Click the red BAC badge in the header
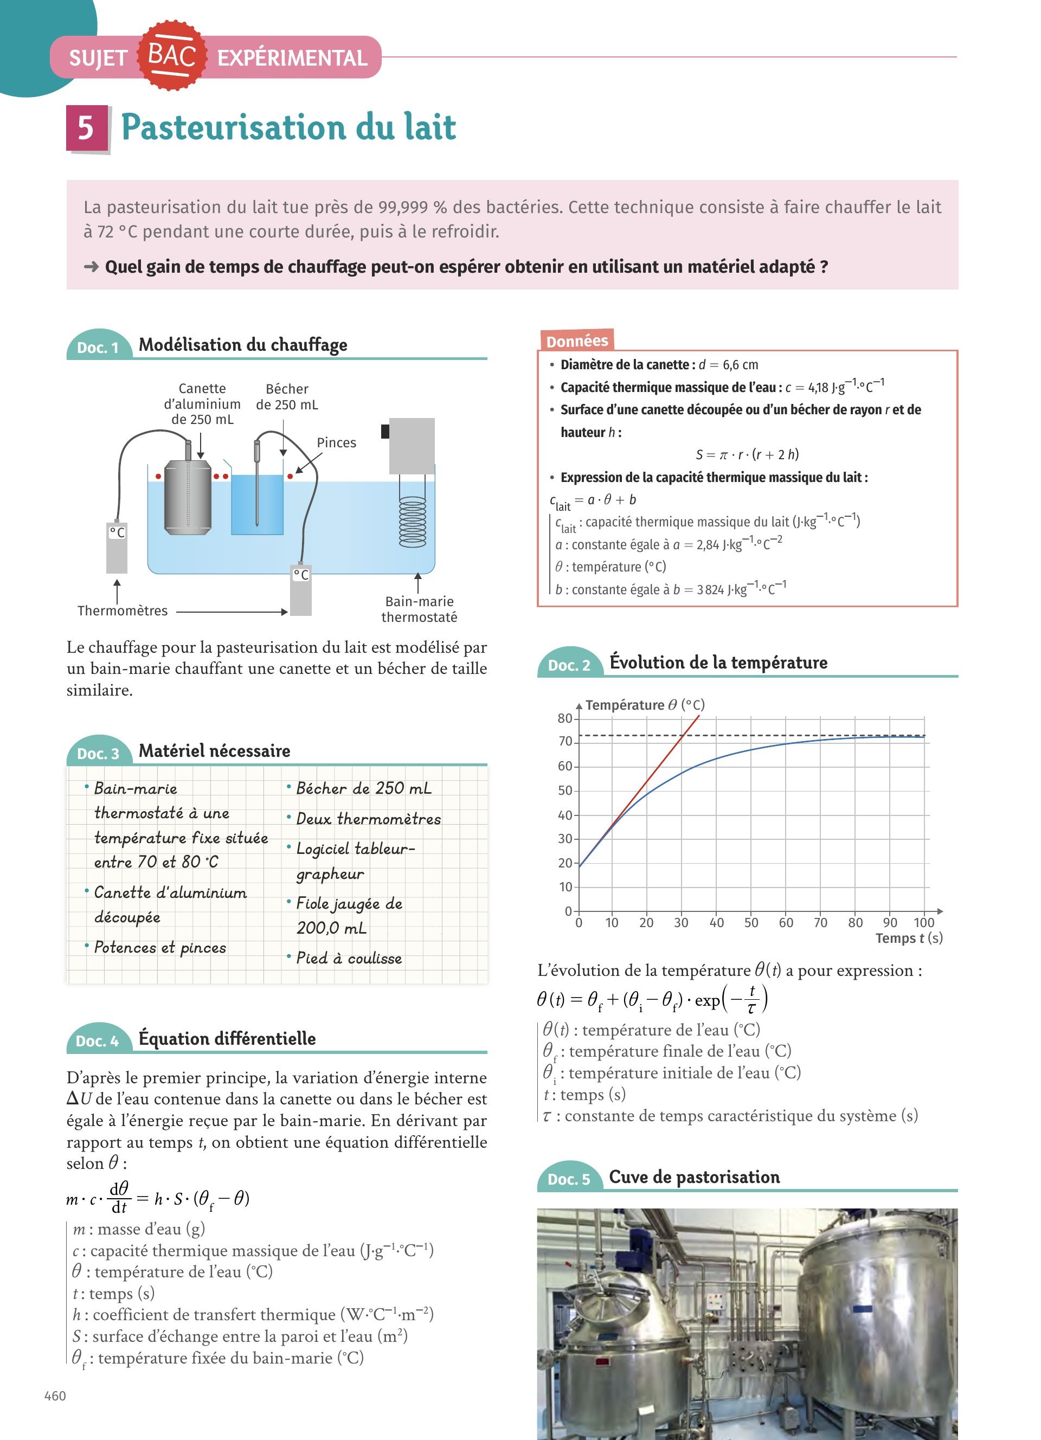tap(171, 56)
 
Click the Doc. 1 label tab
tap(98, 346)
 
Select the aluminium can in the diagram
tap(188, 498)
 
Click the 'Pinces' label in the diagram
tap(336, 442)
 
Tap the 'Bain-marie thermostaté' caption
tap(419, 609)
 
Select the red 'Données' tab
tap(576, 341)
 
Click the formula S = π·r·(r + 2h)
tap(747, 454)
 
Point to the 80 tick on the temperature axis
tap(565, 718)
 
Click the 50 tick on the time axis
tap(751, 923)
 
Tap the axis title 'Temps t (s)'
tap(909, 938)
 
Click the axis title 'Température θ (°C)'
tap(645, 705)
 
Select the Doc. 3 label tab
tap(98, 753)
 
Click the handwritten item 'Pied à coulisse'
tap(349, 958)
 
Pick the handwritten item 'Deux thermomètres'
tap(368, 819)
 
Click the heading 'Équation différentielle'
tap(227, 1039)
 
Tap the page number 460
tap(55, 1396)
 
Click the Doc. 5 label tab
tap(569, 1179)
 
